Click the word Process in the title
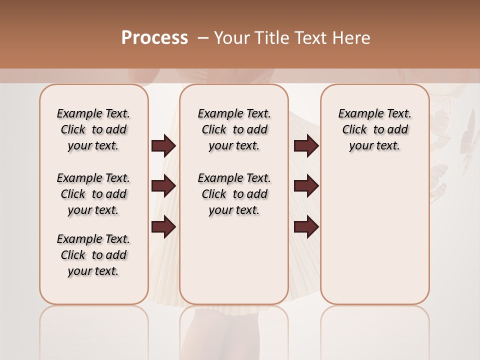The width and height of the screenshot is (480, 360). point(154,38)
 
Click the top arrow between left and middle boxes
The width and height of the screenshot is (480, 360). point(163,145)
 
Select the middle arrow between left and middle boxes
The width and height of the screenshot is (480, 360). point(163,186)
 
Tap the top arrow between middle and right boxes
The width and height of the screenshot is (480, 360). point(306,145)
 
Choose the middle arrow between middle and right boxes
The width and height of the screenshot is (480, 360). point(306,186)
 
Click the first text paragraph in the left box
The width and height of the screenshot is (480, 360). point(93,129)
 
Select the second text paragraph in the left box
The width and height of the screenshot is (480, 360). point(93,194)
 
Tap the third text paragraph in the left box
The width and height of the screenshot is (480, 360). point(93,255)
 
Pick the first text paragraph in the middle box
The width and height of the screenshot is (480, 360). point(234,129)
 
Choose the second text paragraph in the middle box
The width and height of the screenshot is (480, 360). point(234,194)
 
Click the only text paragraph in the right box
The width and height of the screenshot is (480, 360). point(375,129)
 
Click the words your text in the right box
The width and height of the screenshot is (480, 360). point(375,145)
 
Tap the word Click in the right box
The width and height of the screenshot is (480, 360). point(354,129)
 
